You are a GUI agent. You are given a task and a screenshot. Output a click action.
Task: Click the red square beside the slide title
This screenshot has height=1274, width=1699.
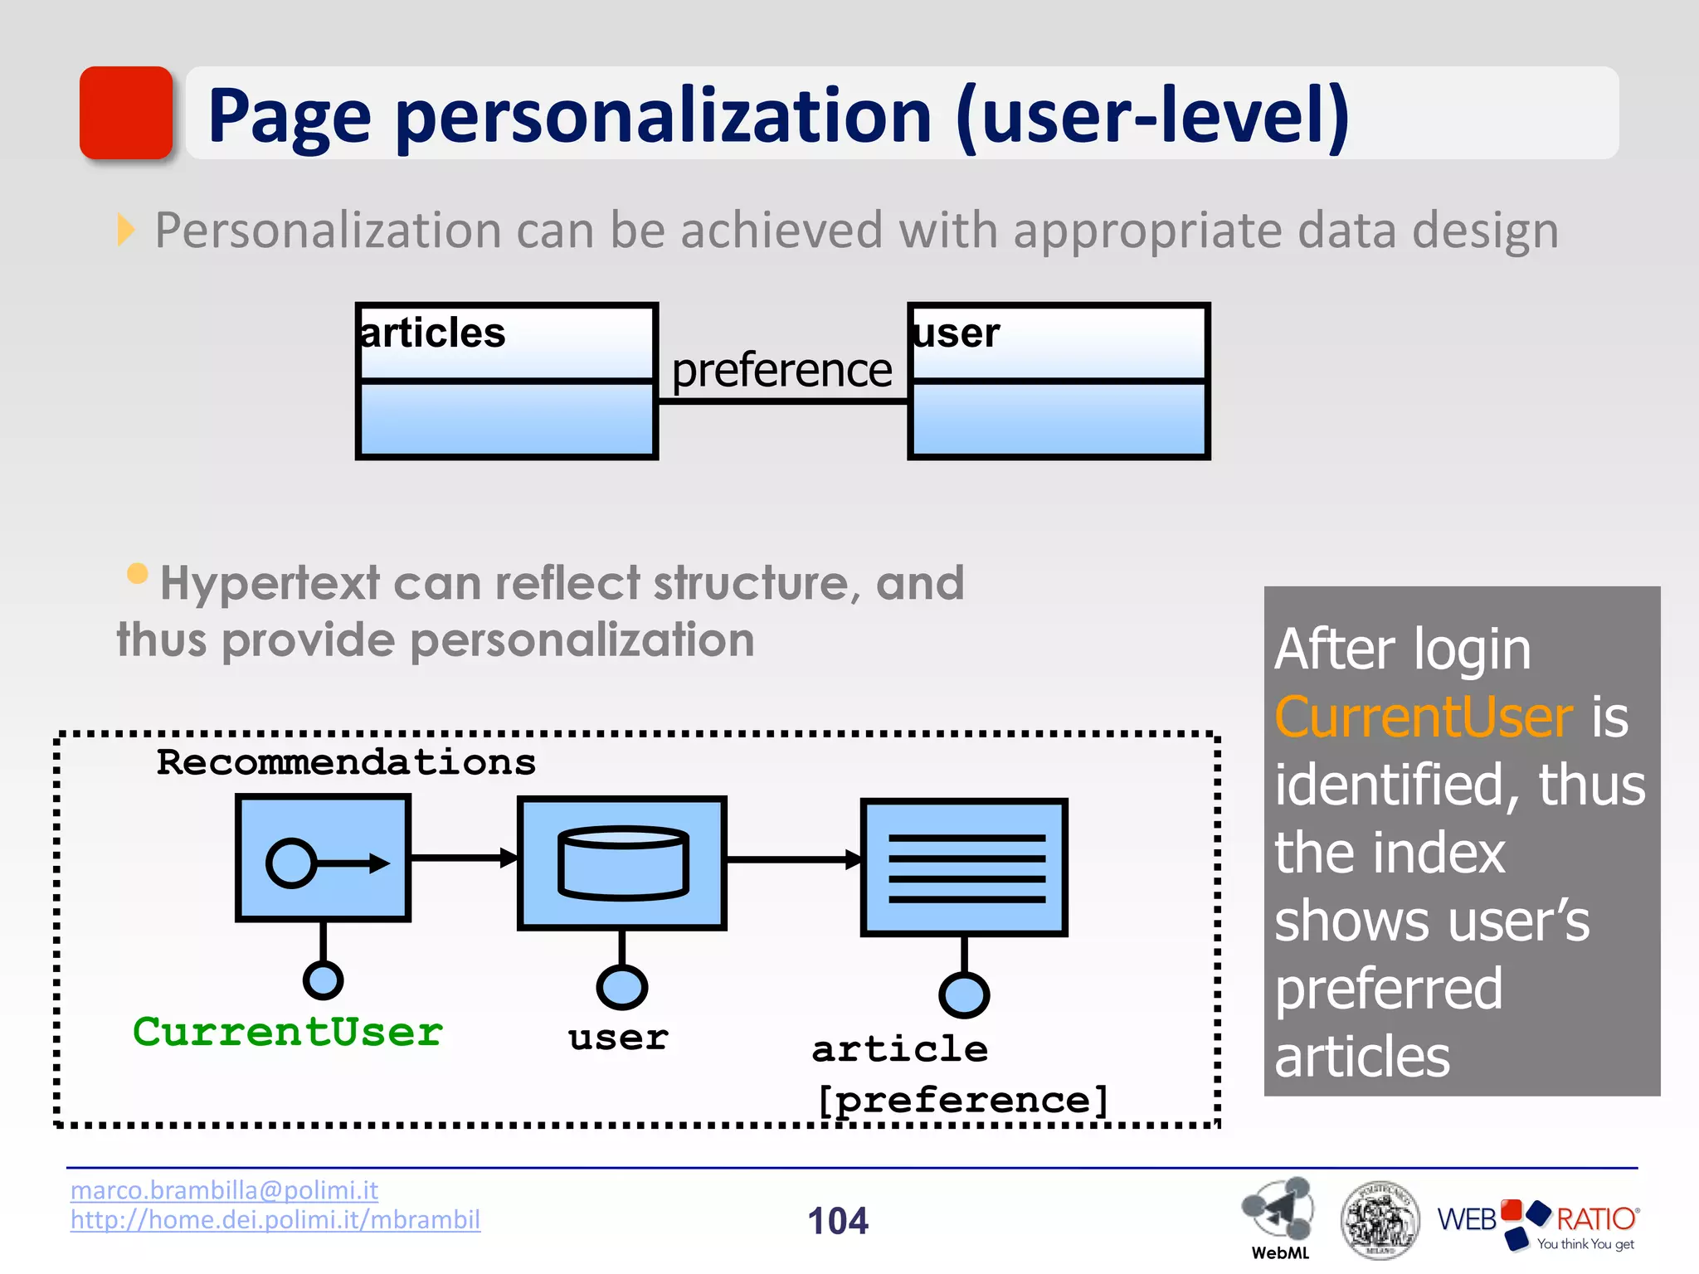[126, 113]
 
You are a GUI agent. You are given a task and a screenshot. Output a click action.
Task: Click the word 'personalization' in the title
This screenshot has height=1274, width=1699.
[664, 116]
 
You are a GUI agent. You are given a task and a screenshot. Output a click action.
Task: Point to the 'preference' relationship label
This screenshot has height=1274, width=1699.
[781, 370]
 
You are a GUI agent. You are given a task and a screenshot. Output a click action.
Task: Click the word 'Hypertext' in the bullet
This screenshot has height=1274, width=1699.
[270, 583]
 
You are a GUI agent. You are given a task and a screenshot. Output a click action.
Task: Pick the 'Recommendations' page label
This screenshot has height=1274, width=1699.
[346, 762]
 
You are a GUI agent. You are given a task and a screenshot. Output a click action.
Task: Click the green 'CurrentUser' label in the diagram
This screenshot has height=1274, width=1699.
[288, 1033]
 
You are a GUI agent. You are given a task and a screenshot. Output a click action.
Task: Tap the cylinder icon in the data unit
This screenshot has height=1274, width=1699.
[623, 863]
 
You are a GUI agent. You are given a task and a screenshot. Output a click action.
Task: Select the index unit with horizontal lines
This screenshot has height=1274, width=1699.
[964, 868]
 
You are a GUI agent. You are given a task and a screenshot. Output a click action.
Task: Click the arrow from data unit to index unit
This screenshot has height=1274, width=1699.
[793, 860]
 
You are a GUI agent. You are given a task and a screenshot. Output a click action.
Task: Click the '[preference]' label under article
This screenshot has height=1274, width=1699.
[962, 1101]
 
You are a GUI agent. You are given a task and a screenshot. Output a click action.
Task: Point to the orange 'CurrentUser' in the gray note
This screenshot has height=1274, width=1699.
[1424, 717]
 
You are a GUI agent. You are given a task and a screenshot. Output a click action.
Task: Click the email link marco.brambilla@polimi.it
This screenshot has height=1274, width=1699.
[224, 1190]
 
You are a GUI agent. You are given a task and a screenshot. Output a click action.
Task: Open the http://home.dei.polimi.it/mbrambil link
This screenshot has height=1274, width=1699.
[275, 1220]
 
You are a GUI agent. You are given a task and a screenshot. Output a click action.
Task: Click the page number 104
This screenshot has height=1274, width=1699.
[838, 1221]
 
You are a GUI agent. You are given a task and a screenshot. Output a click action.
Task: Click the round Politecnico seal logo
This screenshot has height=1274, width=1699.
[1379, 1220]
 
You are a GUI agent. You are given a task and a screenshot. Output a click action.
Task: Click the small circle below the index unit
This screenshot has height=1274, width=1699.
[964, 994]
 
